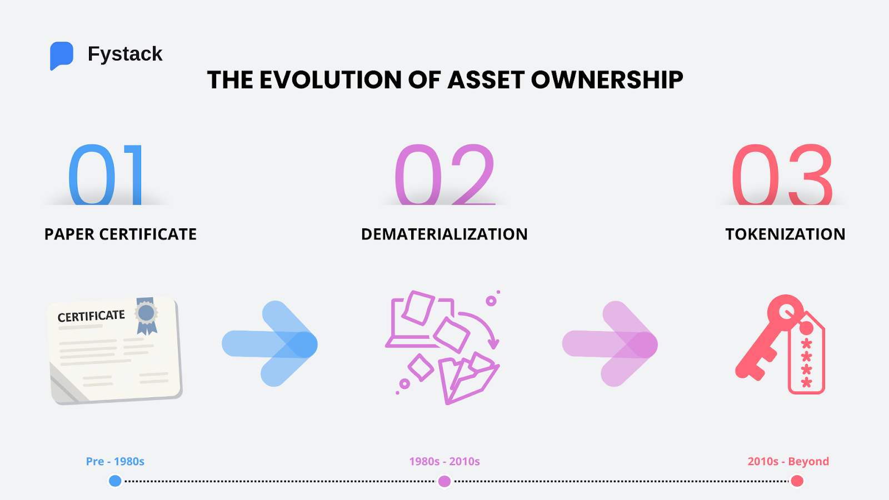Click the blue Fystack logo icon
tap(61, 55)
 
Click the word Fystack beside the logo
tap(125, 54)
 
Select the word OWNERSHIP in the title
tap(607, 80)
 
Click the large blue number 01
tap(106, 175)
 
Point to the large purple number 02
tap(444, 175)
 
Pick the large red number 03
tap(782, 175)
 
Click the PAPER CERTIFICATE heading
tap(121, 234)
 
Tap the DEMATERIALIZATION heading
tap(444, 234)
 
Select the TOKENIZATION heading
tap(785, 234)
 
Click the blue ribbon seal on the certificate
tap(147, 315)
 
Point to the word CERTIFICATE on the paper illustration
tap(91, 316)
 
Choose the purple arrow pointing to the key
tap(611, 344)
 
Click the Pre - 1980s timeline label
tap(115, 462)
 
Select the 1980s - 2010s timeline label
tap(444, 462)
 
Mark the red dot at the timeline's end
tap(797, 481)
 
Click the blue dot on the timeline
tap(115, 481)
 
